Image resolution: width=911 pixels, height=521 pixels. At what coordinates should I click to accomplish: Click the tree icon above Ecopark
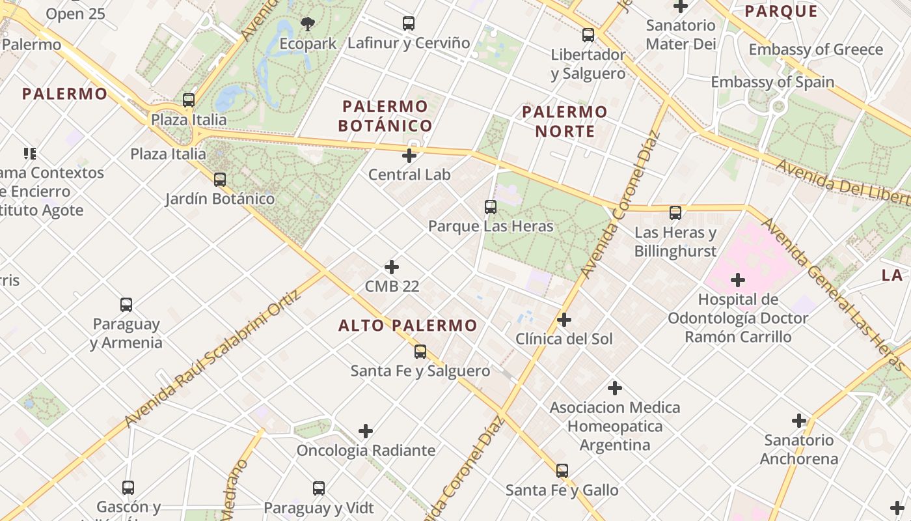tap(308, 24)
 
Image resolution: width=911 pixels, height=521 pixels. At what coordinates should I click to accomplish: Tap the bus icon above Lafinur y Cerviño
tap(409, 23)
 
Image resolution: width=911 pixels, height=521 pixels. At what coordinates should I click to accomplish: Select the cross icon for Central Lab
tap(409, 156)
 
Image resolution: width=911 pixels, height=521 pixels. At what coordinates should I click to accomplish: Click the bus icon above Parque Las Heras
tap(491, 207)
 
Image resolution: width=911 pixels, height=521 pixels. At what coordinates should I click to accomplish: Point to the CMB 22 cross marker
tap(392, 267)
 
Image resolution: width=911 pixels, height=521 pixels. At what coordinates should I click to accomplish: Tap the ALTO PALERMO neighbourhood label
tap(408, 326)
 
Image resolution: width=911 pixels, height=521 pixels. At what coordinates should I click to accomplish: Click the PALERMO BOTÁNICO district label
tap(387, 116)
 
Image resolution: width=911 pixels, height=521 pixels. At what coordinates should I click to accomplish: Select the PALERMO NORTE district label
tap(565, 122)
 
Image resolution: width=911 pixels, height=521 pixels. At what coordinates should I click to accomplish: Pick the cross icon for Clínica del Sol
tap(564, 320)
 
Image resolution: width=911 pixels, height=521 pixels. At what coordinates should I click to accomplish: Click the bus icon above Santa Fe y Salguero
tap(420, 352)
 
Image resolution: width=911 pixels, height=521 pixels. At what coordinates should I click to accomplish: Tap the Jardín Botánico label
tap(220, 199)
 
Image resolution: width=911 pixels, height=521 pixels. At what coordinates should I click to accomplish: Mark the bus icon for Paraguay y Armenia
tap(126, 305)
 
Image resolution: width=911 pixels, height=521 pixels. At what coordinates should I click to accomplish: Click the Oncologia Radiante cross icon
tap(366, 431)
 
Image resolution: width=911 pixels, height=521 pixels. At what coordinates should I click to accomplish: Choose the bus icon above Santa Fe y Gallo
tap(562, 470)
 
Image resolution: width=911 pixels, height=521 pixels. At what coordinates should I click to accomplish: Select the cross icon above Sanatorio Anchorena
tap(799, 421)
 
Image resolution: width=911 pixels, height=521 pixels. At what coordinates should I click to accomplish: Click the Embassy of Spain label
tap(772, 82)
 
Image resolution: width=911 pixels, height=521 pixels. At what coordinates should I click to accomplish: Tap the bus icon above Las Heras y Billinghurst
tap(675, 213)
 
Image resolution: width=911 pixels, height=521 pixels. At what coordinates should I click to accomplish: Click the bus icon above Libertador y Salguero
tap(588, 35)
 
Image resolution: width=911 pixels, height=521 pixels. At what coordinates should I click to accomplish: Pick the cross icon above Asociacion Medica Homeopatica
tap(615, 388)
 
